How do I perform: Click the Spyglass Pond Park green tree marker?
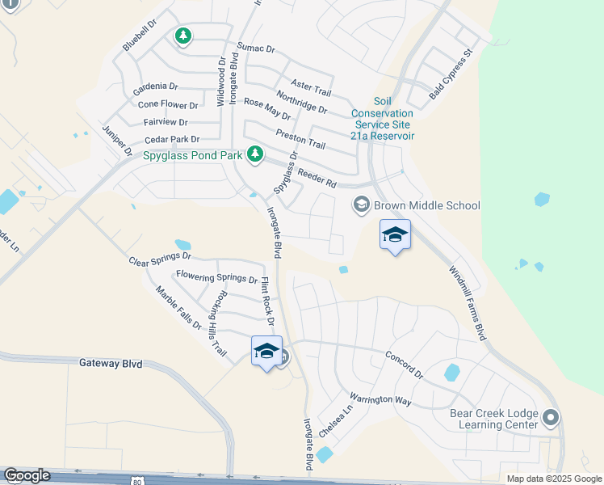(x=255, y=153)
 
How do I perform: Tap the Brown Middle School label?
(x=427, y=205)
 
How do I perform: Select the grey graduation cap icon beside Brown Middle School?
(x=361, y=205)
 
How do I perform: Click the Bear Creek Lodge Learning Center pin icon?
(x=551, y=418)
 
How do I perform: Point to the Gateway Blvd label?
(x=111, y=364)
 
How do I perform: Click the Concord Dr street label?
(x=404, y=365)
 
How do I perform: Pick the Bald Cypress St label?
(x=451, y=74)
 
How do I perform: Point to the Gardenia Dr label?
(x=156, y=86)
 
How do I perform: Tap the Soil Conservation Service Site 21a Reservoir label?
(x=382, y=124)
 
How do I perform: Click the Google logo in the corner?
(x=27, y=475)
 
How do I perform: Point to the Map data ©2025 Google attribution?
(x=554, y=479)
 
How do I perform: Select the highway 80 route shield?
(x=136, y=479)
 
